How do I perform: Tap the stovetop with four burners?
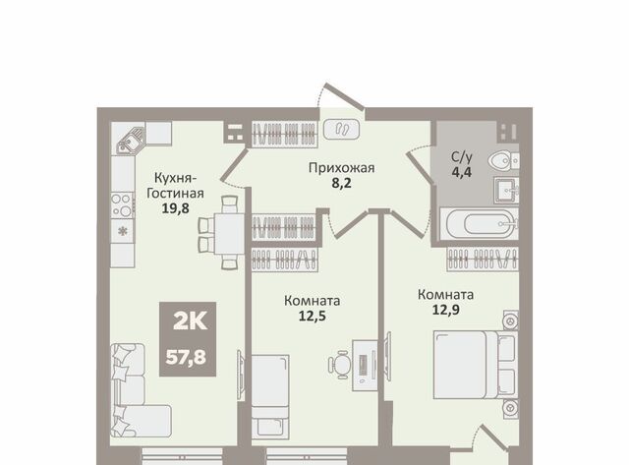tap(122, 205)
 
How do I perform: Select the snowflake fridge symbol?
tap(123, 231)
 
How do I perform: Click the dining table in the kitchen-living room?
tap(229, 233)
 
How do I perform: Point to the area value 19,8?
tap(175, 208)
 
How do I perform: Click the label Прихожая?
tap(341, 168)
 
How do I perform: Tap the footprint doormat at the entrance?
tap(341, 130)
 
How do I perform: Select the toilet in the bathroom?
tap(503, 161)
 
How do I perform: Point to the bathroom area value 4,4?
tap(462, 172)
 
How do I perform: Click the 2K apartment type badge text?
tap(190, 321)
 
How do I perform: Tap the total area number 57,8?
tap(186, 357)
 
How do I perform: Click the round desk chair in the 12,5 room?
tap(340, 365)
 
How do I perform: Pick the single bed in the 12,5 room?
tap(270, 396)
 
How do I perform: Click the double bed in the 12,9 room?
tap(476, 365)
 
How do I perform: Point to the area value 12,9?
tap(445, 310)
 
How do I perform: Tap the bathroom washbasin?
tap(507, 191)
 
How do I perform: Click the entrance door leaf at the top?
tap(345, 96)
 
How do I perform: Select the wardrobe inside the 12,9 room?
tap(483, 259)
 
